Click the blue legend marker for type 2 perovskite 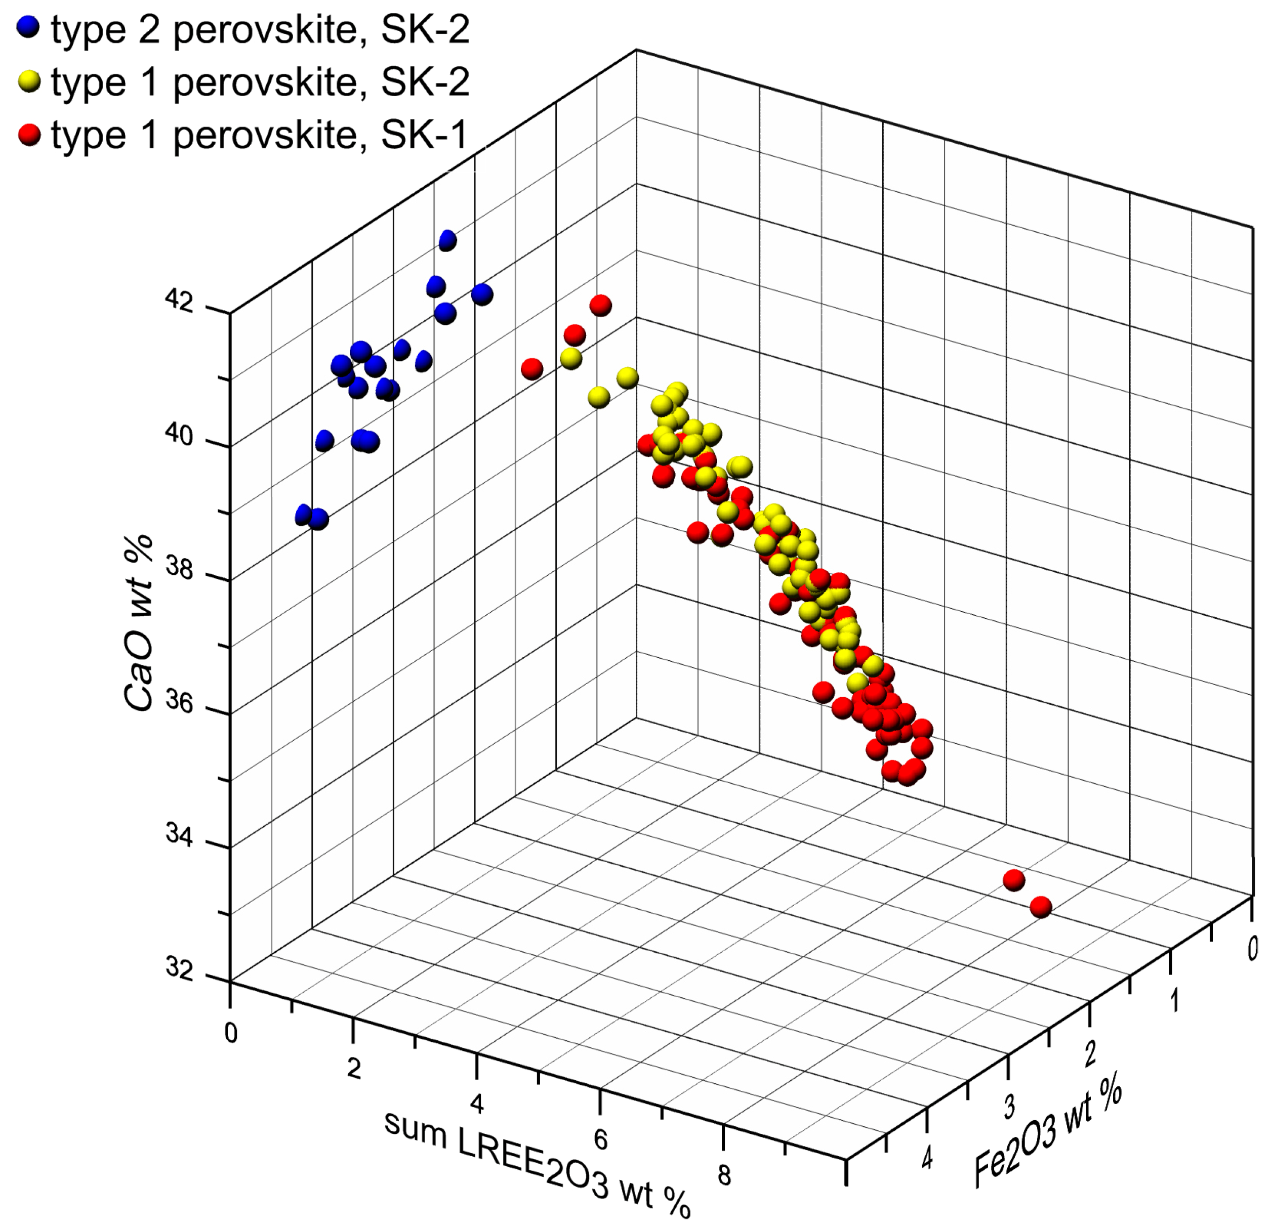[x=28, y=28]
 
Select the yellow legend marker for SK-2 [x=28, y=82]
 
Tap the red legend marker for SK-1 [x=28, y=135]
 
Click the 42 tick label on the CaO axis [x=180, y=301]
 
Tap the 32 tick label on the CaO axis [x=180, y=968]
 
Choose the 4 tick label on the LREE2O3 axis [x=477, y=1103]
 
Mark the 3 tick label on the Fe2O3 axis [x=1010, y=1107]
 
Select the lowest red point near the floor [x=1040, y=907]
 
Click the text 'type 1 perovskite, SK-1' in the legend [x=260, y=135]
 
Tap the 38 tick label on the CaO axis [x=180, y=568]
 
